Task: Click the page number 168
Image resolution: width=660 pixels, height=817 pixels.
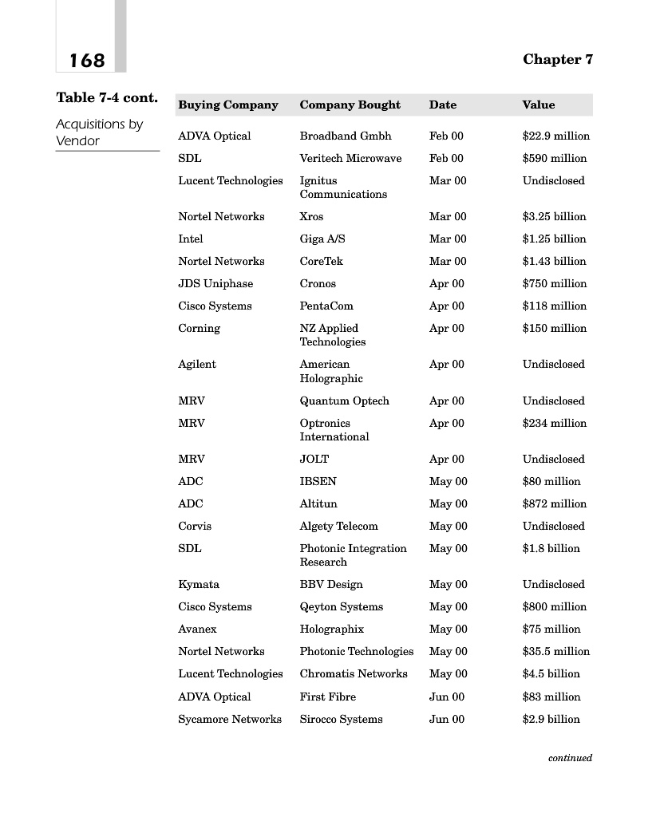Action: click(87, 61)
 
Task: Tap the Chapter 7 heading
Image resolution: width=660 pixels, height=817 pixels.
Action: click(558, 59)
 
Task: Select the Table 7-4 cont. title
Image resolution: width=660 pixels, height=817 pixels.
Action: click(107, 98)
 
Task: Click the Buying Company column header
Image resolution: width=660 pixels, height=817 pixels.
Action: click(228, 105)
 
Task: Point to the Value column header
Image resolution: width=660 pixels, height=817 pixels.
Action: click(539, 105)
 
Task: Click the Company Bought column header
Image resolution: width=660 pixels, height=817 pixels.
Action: click(350, 105)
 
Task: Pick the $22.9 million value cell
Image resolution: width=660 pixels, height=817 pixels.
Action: click(556, 136)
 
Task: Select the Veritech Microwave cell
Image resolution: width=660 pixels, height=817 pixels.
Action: click(350, 158)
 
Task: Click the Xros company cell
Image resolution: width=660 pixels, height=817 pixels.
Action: click(311, 216)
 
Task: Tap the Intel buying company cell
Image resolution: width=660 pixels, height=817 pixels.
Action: click(191, 239)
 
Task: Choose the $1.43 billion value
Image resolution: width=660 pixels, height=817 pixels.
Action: click(554, 261)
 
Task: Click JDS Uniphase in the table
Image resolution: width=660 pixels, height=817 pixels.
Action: click(215, 283)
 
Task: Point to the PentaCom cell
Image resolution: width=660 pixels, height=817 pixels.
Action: click(326, 306)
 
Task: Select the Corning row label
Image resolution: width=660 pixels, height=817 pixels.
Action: click(199, 328)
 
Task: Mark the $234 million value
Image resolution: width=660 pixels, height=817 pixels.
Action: click(555, 423)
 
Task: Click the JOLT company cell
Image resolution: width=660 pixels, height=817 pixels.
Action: click(314, 459)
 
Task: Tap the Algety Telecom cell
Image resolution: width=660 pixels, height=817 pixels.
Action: click(339, 526)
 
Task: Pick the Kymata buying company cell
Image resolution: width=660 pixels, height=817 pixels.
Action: click(199, 584)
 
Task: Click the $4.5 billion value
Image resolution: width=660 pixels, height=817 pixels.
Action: click(551, 673)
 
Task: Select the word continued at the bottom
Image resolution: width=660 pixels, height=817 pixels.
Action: click(570, 758)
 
